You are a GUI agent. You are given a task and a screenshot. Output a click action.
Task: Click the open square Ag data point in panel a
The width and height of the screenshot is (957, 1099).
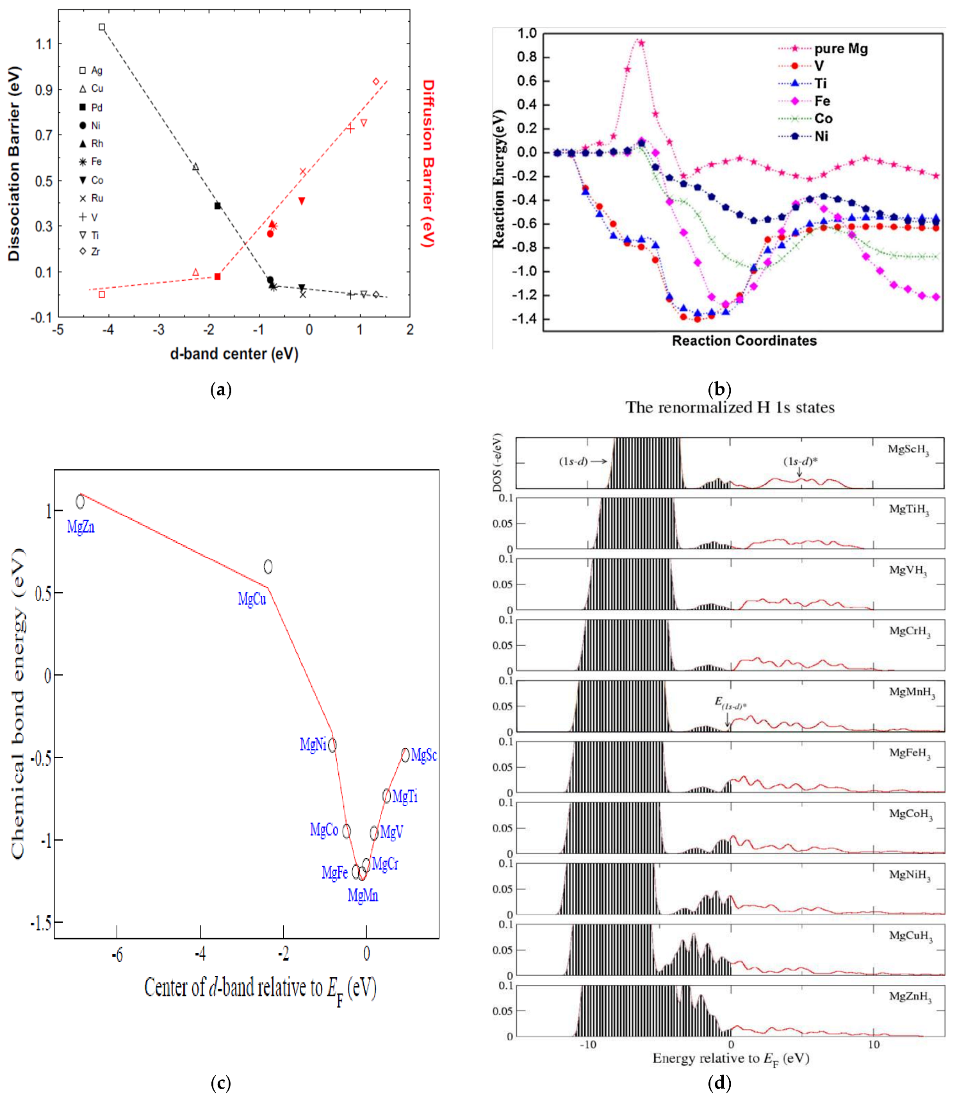click(102, 28)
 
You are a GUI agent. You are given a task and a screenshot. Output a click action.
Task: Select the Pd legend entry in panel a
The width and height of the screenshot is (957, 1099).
click(91, 108)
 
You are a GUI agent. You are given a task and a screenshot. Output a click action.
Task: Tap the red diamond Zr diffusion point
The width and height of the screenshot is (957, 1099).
click(376, 81)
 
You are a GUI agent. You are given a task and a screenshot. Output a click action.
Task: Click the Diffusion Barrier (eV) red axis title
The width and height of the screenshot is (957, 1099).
click(428, 163)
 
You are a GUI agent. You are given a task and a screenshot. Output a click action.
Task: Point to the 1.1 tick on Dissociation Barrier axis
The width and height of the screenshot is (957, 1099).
click(44, 44)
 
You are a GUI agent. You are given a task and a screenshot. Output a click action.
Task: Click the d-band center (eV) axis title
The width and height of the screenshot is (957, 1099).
click(234, 354)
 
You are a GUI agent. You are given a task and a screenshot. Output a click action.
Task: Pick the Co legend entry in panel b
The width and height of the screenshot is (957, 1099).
click(822, 119)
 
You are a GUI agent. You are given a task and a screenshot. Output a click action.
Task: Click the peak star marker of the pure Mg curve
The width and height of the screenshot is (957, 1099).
click(641, 43)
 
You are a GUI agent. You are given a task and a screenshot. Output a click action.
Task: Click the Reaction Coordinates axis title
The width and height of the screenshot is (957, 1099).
click(744, 341)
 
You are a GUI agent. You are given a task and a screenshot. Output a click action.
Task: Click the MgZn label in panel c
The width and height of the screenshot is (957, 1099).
click(81, 527)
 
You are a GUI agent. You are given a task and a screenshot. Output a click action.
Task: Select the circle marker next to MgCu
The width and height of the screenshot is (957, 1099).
click(268, 566)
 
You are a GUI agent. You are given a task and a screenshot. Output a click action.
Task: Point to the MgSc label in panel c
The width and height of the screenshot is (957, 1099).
click(423, 755)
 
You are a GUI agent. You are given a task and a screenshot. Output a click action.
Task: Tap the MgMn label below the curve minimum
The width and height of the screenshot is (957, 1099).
click(363, 895)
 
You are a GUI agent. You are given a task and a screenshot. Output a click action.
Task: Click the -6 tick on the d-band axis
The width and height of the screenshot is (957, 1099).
click(117, 955)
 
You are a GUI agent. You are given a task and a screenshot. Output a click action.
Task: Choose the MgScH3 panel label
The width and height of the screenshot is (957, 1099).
click(908, 449)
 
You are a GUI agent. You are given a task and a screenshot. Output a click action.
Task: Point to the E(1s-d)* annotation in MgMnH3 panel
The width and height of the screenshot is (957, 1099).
click(729, 703)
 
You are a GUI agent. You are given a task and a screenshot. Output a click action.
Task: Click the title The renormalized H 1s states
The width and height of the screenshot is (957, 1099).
click(730, 408)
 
